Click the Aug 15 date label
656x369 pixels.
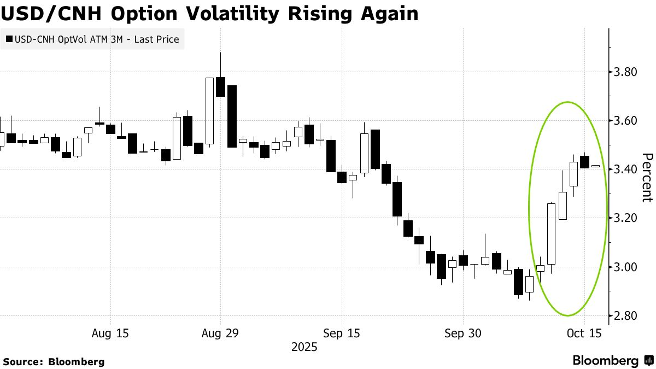pyautogui.click(x=111, y=333)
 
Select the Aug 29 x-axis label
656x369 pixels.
pyautogui.click(x=221, y=333)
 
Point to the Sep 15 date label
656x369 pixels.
pyautogui.click(x=341, y=333)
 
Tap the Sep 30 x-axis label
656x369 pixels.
pyautogui.click(x=462, y=333)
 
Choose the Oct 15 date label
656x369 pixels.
pyautogui.click(x=584, y=333)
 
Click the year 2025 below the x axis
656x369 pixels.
pyautogui.click(x=304, y=347)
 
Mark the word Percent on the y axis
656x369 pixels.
pyautogui.click(x=647, y=178)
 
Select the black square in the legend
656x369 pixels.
pyautogui.click(x=9, y=39)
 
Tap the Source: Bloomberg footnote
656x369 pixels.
pyautogui.click(x=54, y=361)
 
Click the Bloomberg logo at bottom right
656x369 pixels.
pyautogui.click(x=612, y=360)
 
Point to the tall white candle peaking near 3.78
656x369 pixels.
pyautogui.click(x=209, y=111)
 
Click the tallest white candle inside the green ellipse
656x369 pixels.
pyautogui.click(x=551, y=233)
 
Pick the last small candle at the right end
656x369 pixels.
pyautogui.click(x=595, y=166)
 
